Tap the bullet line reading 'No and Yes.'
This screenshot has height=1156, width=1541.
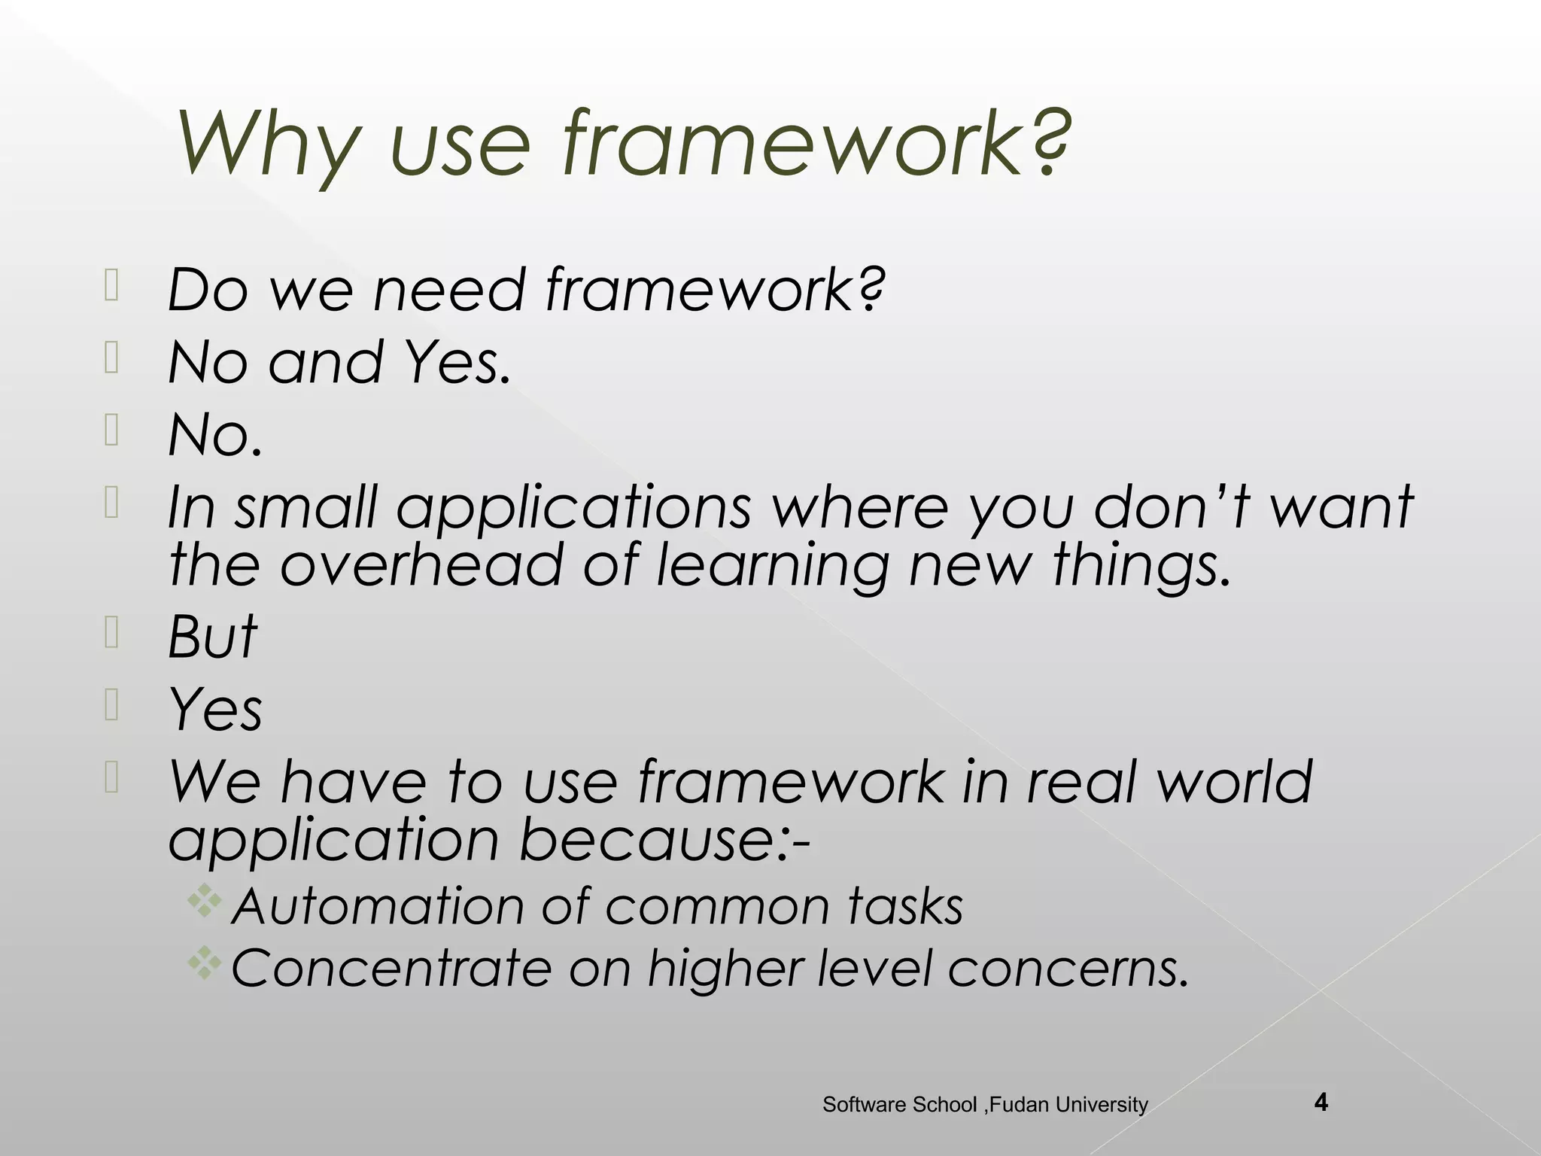(339, 362)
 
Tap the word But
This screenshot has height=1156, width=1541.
(212, 636)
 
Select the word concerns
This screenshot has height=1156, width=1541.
(1068, 969)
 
